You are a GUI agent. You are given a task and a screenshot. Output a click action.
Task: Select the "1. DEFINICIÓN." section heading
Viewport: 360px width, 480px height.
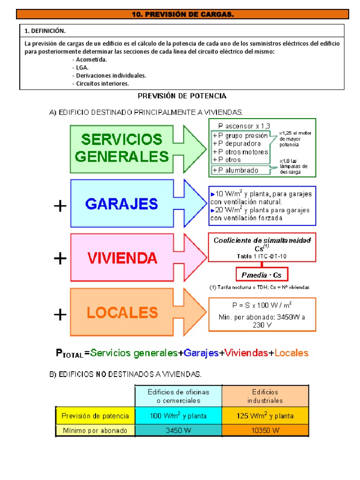pos(45,31)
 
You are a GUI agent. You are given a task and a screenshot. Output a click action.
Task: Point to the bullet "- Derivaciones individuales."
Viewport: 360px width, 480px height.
pos(109,75)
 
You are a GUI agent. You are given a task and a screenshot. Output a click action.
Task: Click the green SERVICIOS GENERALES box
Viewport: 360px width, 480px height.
pos(122,147)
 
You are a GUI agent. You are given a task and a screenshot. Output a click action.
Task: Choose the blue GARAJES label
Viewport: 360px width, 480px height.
pos(122,204)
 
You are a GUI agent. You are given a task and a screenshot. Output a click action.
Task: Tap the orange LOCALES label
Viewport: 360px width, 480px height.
pos(122,312)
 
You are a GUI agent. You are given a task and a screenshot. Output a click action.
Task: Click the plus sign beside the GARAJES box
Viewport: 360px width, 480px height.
pos(60,206)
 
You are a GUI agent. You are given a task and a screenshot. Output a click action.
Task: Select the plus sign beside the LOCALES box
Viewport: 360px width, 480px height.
pos(60,315)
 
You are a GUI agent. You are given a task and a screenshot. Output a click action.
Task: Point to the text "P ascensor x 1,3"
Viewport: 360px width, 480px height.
pos(244,126)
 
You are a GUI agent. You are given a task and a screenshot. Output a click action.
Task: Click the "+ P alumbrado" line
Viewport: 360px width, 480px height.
pos(235,170)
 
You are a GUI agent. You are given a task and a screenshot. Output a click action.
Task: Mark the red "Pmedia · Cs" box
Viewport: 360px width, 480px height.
pos(262,275)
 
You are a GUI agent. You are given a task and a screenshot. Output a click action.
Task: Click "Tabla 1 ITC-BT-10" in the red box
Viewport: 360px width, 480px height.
pos(262,256)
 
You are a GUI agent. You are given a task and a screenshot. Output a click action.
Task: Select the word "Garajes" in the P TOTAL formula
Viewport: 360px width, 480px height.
pos(201,353)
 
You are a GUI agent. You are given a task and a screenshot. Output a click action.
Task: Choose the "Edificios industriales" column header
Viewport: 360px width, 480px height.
pos(265,396)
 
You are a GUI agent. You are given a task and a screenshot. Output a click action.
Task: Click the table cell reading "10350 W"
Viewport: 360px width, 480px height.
pos(265,430)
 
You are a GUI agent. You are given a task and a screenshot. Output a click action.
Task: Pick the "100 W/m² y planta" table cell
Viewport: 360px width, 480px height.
pos(178,416)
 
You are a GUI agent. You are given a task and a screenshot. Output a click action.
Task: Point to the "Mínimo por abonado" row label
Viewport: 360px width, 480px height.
pos(95,430)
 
